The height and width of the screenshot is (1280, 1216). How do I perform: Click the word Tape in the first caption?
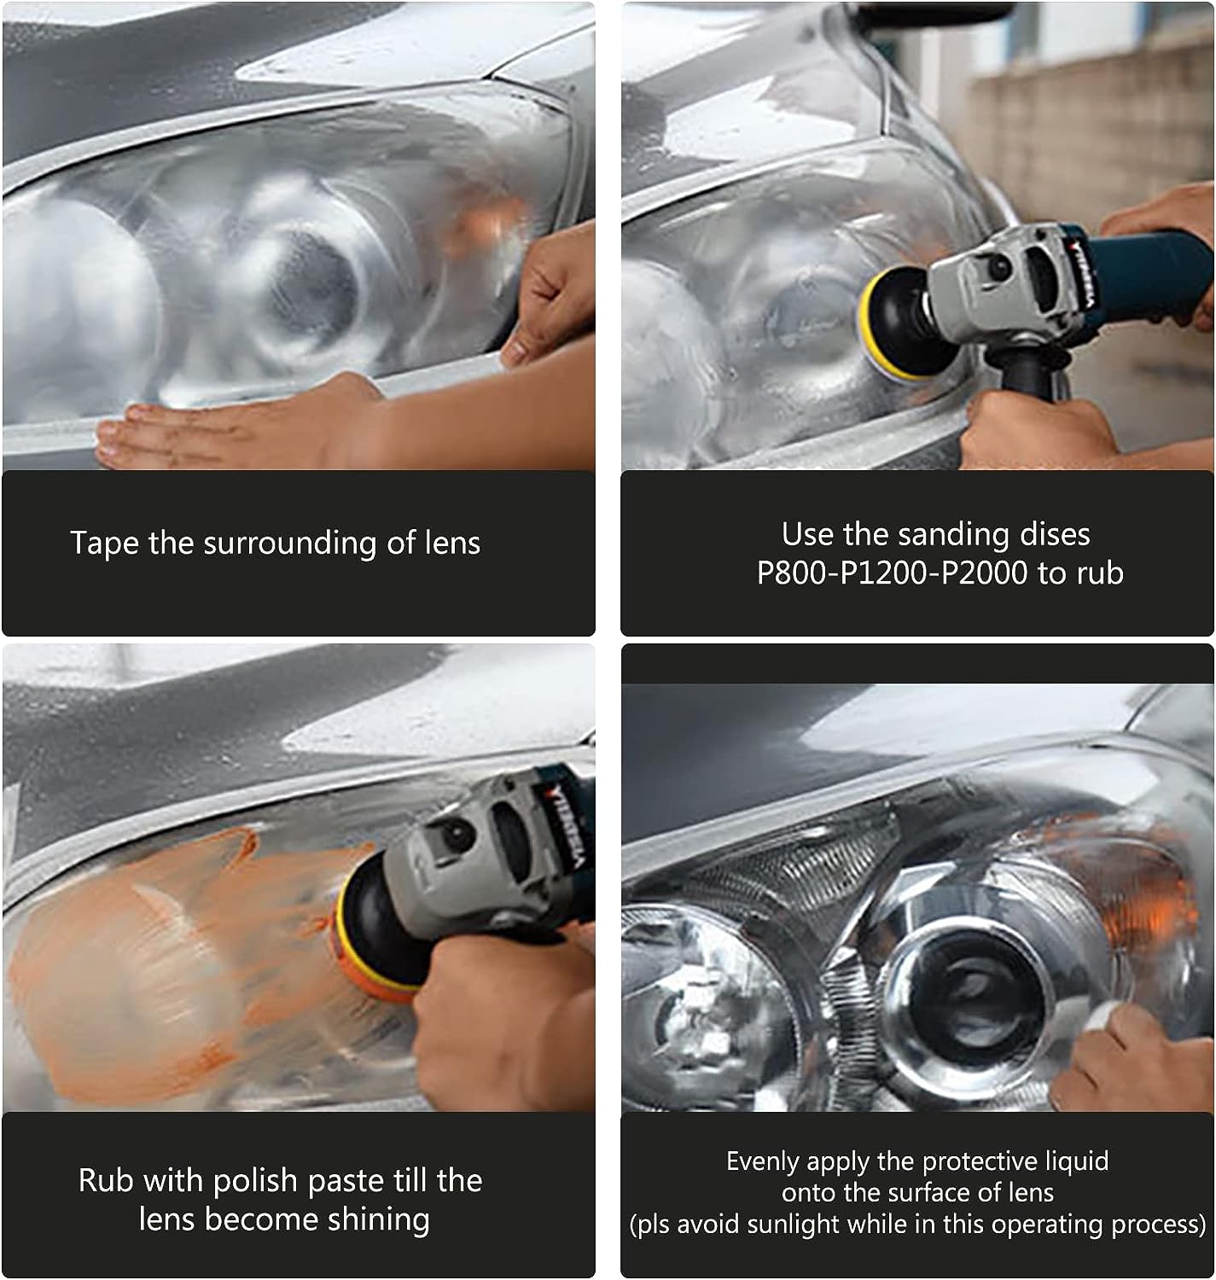[104, 543]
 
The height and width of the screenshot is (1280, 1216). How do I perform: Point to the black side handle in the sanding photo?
[1022, 368]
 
